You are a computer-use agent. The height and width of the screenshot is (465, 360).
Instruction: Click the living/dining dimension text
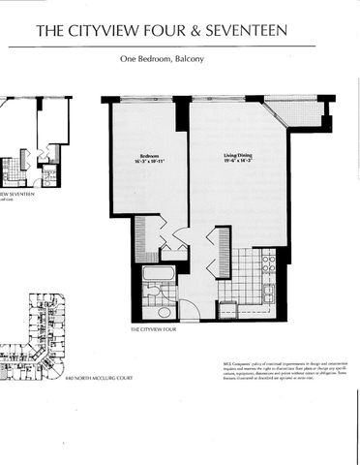pos(230,161)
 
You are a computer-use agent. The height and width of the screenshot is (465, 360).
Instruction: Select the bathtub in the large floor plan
pos(158,273)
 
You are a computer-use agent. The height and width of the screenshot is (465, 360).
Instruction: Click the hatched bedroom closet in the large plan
pos(140,237)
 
